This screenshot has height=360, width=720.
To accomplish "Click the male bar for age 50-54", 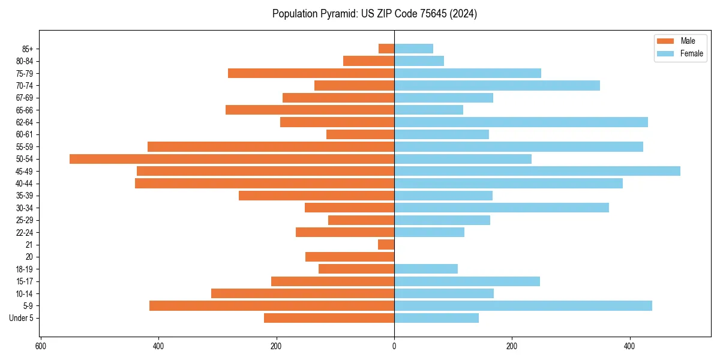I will (232, 159).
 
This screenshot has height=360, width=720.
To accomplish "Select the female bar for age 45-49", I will (537, 171).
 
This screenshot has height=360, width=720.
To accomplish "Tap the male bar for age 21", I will (386, 245).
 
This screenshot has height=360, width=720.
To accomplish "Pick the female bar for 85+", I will (413, 49).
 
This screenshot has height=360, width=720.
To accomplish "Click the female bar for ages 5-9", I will (523, 306).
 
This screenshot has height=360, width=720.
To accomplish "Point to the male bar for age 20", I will (350, 257).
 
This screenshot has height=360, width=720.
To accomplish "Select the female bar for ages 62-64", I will (521, 122).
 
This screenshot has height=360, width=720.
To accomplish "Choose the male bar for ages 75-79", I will (311, 73).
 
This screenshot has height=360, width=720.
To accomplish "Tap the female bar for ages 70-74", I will (497, 86).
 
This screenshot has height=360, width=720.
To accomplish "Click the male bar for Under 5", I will (329, 318).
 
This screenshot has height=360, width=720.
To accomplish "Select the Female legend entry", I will (680, 53).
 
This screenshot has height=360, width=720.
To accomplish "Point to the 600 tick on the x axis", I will (41, 346).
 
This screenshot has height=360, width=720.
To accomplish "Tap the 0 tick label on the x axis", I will (394, 346).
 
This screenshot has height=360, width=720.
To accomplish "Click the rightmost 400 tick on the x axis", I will (629, 346).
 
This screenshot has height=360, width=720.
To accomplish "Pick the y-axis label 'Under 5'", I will (21, 318).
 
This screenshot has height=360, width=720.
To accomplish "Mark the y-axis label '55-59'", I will (25, 147).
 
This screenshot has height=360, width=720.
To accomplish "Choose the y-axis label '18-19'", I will (25, 269).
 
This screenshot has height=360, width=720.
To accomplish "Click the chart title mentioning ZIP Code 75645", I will (374, 14).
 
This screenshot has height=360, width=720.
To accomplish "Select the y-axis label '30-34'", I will (25, 208).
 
